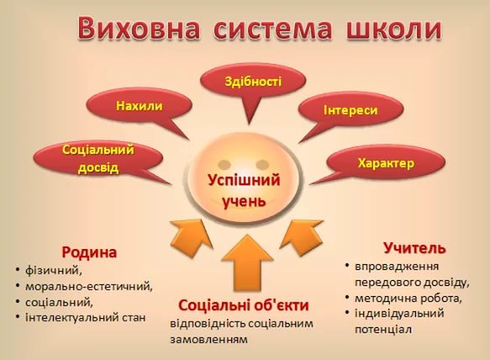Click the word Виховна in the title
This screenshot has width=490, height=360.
tap(138, 28)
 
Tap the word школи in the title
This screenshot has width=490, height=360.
tap(393, 28)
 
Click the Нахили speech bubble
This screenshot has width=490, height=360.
tap(140, 106)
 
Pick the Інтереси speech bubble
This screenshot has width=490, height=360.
tap(350, 111)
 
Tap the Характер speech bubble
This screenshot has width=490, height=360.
tap(386, 162)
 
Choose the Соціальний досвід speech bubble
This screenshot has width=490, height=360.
tap(98, 159)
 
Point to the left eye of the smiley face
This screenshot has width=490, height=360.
tap(224, 164)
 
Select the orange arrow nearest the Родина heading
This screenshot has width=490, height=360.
tap(192, 238)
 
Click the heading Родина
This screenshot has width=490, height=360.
tap(89, 252)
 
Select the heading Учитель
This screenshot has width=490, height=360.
tap(414, 248)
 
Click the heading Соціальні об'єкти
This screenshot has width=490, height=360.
tap(244, 305)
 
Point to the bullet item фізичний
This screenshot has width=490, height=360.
tap(54, 270)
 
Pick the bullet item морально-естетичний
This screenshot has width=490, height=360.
tap(89, 286)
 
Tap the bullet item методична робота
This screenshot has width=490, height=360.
tap(408, 298)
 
